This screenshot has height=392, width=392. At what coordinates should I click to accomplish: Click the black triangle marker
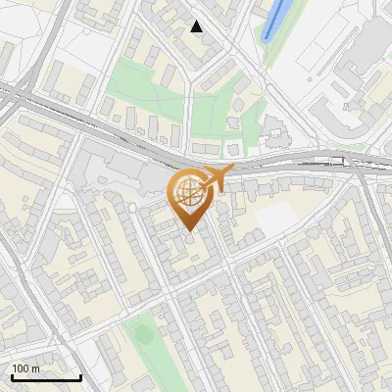197,26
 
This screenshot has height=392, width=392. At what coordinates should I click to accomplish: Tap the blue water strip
275,21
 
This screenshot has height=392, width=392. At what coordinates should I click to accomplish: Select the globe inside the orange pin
189,196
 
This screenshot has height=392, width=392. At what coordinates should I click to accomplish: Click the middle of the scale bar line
46,377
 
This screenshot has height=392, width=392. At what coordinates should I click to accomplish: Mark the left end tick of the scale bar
12,376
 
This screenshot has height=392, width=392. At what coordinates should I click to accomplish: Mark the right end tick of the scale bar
80,376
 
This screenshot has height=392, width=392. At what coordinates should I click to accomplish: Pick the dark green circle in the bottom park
144,335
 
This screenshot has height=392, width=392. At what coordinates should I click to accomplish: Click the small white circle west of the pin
132,208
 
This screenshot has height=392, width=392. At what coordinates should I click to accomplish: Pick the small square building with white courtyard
234,149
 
